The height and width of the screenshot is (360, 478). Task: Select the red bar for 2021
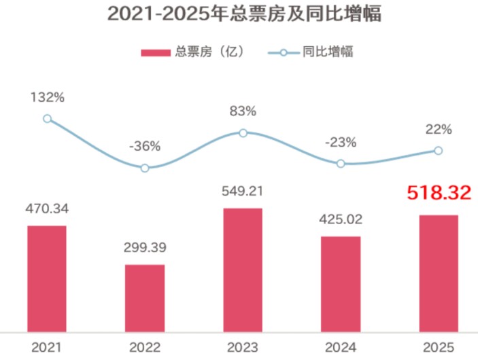pyautogui.click(x=47, y=278)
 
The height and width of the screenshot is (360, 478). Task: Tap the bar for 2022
pyautogui.click(x=145, y=298)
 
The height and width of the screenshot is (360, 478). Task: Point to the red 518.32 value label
pyautogui.click(x=439, y=194)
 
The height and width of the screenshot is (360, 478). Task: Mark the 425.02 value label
pyautogui.click(x=341, y=219)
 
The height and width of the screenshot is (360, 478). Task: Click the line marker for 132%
pyautogui.click(x=47, y=119)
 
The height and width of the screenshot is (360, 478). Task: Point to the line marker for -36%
pyautogui.click(x=145, y=168)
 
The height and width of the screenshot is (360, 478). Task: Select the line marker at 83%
pyautogui.click(x=243, y=132)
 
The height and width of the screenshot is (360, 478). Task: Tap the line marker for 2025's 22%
pyautogui.click(x=439, y=151)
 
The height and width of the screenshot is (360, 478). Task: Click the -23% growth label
pyautogui.click(x=341, y=142)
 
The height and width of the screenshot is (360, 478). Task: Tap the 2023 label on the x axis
pyautogui.click(x=243, y=347)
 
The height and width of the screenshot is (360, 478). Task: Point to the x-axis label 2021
pyautogui.click(x=47, y=347)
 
